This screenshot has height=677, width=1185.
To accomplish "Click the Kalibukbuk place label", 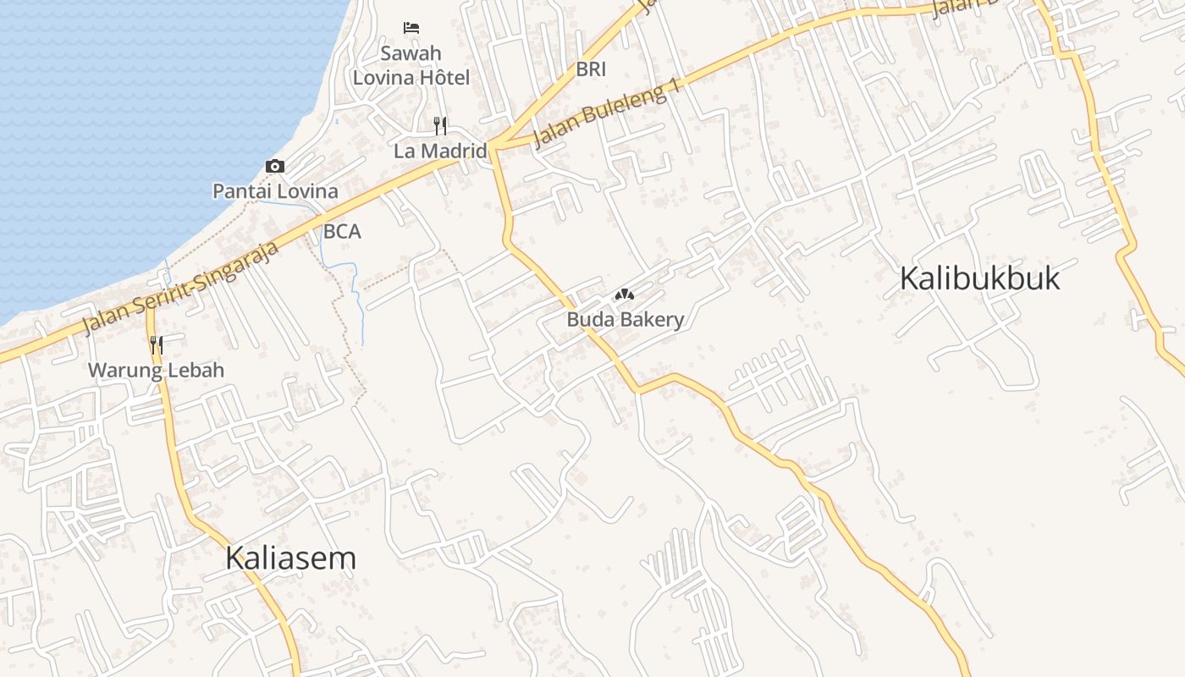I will [x=979, y=278].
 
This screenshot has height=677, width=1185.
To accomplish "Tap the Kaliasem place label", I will [x=290, y=559].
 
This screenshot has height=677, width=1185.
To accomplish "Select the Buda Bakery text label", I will [x=625, y=320].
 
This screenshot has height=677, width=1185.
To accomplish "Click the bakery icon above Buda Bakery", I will [x=625, y=295].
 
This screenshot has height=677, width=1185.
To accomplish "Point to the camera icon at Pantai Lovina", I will [x=275, y=167].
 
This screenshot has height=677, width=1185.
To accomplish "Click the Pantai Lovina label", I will [x=275, y=191].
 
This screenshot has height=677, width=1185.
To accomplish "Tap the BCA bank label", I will [x=342, y=232].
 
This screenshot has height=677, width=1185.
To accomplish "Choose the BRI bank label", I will [x=591, y=69].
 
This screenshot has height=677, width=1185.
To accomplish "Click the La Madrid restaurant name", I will [x=440, y=151].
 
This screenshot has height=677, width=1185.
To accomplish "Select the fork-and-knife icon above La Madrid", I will [x=440, y=126].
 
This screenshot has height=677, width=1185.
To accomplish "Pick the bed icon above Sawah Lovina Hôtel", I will [x=411, y=28].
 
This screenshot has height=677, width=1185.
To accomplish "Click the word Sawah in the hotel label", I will [x=411, y=53].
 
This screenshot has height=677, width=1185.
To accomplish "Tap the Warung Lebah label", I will [x=157, y=370].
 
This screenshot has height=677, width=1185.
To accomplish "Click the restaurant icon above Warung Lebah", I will [x=157, y=344].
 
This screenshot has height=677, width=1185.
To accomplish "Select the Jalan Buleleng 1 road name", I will [x=608, y=116].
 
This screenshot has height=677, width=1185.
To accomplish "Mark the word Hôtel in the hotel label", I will [x=444, y=78].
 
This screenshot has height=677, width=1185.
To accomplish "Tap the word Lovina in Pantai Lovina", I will [x=309, y=191].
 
